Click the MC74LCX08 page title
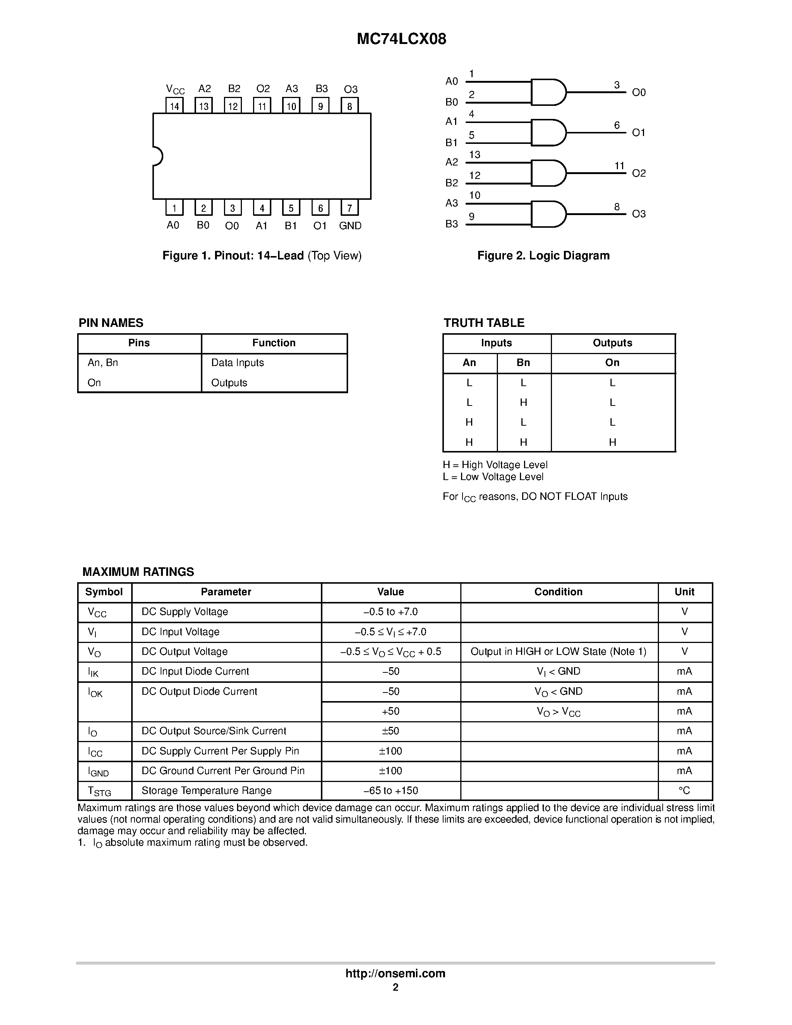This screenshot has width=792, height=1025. coord(401,39)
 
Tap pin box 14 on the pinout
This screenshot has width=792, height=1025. coord(174,105)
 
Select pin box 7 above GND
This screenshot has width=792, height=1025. coord(350,208)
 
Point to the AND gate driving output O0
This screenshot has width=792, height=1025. coord(548,92)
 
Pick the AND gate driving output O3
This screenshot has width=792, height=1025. coord(548,214)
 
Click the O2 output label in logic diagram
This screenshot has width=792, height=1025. coord(638,174)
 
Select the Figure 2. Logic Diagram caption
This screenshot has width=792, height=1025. coord(543,256)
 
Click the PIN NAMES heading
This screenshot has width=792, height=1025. coord(111,323)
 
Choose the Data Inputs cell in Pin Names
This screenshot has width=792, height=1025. coord(237,363)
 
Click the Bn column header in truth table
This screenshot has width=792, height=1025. coord(523,363)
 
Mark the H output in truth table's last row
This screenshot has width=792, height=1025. coord(612,442)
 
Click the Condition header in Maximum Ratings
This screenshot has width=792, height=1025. coord(558,592)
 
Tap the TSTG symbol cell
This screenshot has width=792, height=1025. coord(99,791)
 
